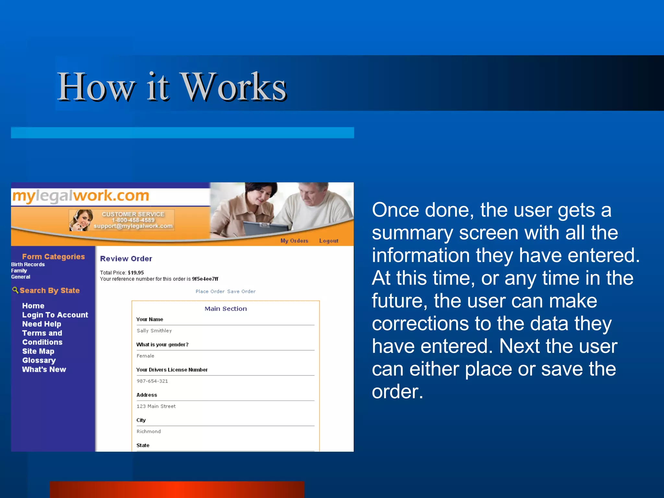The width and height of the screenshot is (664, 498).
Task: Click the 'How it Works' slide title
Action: (x=172, y=87)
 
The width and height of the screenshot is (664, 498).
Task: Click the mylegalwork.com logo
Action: (x=80, y=196)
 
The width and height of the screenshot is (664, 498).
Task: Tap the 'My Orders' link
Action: (x=294, y=241)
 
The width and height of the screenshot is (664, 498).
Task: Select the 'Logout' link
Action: (x=328, y=241)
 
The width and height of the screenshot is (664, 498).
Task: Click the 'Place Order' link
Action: (x=210, y=291)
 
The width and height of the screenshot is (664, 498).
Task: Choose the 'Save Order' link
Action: (x=241, y=291)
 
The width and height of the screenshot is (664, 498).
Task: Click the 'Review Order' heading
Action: (x=126, y=258)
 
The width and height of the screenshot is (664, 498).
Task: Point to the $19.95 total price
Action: (x=136, y=273)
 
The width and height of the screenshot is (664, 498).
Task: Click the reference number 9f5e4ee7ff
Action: (x=205, y=279)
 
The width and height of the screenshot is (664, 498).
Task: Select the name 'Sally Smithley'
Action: (x=154, y=330)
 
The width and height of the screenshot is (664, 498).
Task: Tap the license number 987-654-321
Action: (x=152, y=381)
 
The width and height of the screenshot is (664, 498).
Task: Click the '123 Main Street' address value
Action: (x=156, y=406)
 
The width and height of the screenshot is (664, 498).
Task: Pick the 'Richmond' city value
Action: (x=148, y=431)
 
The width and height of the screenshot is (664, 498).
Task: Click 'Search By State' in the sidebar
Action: (x=49, y=290)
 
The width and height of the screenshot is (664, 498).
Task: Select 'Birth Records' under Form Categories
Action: (x=28, y=264)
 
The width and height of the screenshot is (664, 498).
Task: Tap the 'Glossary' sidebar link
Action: (x=39, y=360)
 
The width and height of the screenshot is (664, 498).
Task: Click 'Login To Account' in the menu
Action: (x=55, y=315)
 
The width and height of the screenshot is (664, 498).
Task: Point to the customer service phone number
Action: (x=133, y=220)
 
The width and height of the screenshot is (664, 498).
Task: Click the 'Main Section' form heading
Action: (x=226, y=309)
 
